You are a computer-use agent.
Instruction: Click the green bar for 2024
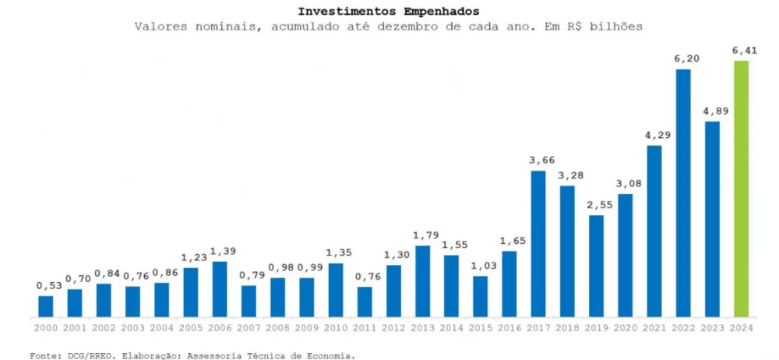click(x=741, y=189)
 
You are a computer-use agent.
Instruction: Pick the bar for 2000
click(x=46, y=306)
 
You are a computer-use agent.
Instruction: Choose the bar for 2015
click(x=481, y=296)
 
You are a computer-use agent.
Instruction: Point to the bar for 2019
click(x=596, y=266)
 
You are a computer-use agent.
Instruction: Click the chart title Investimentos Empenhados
click(x=389, y=11)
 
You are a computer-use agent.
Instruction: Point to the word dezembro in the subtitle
click(x=434, y=26)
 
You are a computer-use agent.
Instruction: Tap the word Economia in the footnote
click(x=328, y=355)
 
